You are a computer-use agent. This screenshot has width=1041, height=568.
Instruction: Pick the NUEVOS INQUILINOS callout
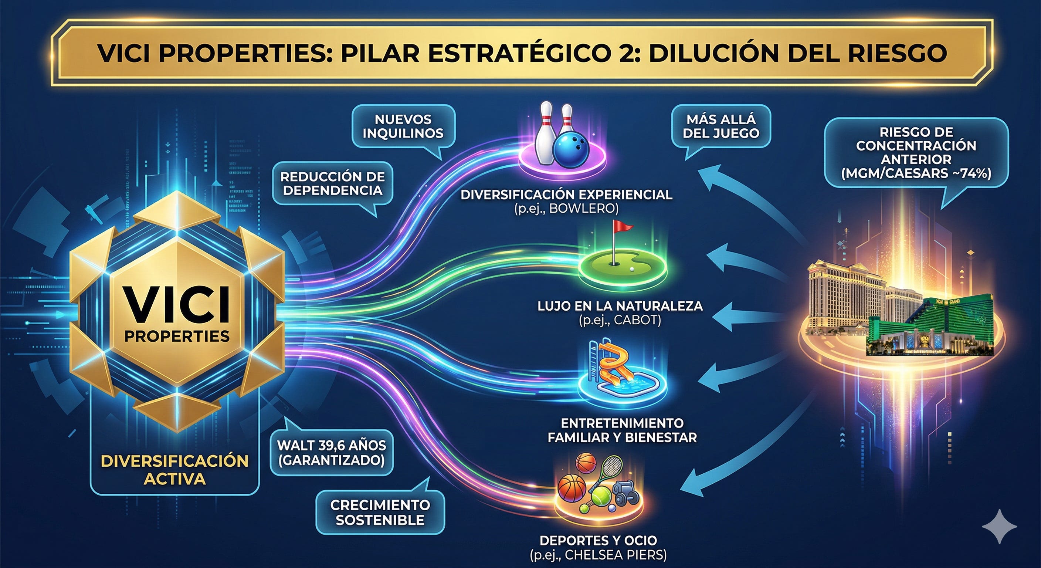pyautogui.click(x=403, y=126)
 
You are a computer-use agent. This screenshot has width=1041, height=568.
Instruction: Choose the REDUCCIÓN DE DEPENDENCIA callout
pyautogui.click(x=332, y=183)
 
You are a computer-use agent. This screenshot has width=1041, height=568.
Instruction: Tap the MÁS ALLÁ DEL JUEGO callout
pyautogui.click(x=721, y=126)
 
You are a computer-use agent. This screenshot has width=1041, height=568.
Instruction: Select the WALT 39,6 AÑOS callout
pyautogui.click(x=331, y=452)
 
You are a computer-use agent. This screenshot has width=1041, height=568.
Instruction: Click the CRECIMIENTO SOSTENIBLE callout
pyautogui.click(x=380, y=512)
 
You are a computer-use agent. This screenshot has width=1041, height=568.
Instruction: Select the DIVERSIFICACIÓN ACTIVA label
pyautogui.click(x=174, y=470)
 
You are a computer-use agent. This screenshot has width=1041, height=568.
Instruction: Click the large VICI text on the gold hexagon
pyautogui.click(x=177, y=304)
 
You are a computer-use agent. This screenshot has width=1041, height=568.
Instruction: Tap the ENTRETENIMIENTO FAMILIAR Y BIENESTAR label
pyautogui.click(x=622, y=430)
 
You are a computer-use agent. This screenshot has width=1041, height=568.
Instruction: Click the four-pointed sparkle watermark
pyautogui.click(x=999, y=526)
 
